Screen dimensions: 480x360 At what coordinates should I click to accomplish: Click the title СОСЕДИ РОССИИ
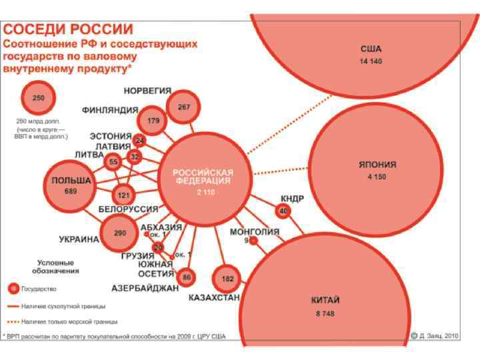tap(69, 29)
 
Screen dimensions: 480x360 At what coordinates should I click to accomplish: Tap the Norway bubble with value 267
tap(183, 107)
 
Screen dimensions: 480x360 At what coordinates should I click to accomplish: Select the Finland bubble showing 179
tap(154, 121)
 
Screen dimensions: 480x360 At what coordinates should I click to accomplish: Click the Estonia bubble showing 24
tap(139, 141)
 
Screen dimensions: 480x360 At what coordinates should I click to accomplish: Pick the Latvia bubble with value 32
tap(135, 157)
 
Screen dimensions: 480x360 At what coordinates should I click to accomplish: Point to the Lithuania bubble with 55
tap(113, 161)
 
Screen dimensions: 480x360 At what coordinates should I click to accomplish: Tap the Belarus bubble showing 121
tap(123, 195)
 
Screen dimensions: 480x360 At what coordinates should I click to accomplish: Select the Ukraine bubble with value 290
tap(119, 233)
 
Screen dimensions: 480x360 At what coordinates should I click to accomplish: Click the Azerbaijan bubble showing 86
tap(187, 277)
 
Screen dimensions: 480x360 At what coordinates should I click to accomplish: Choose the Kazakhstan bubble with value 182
tap(227, 278)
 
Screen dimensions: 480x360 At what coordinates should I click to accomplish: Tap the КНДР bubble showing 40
tap(283, 211)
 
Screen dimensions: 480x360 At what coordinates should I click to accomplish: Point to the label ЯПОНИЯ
tap(381, 165)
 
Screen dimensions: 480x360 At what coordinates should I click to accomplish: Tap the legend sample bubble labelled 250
tap(39, 98)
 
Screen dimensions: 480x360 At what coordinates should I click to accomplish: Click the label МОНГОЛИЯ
tap(255, 231)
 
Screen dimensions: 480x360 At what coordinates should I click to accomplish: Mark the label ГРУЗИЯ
tap(138, 256)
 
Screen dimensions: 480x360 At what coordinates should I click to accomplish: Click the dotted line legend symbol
tap(13, 321)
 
